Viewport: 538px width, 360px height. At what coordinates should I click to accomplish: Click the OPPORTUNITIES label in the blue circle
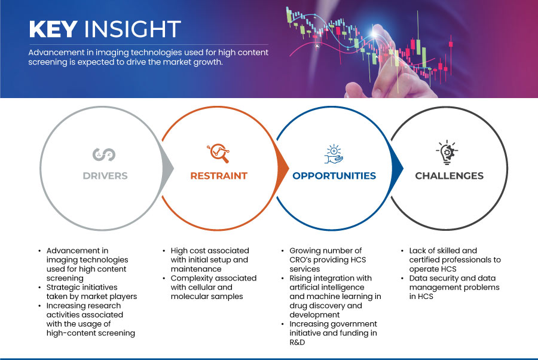click(334, 176)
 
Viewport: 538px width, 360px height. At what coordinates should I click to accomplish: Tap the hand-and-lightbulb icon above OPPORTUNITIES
click(333, 154)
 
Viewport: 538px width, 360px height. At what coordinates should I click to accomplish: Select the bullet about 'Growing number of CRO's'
click(325, 260)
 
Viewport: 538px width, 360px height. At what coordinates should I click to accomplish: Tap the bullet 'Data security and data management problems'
click(453, 287)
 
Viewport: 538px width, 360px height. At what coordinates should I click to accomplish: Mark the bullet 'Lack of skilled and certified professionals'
click(454, 260)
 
